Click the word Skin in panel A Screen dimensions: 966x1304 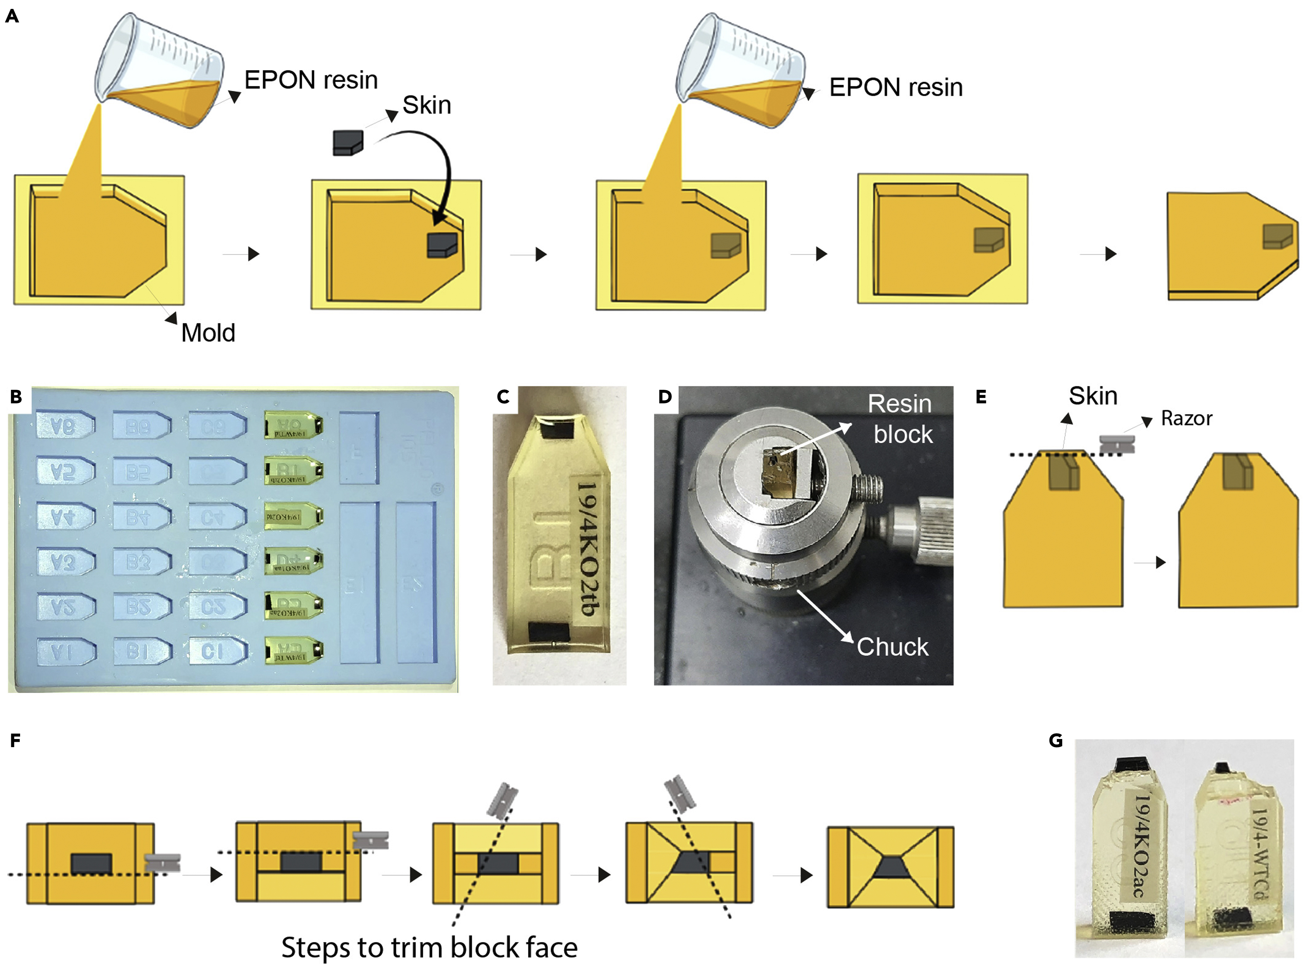pyautogui.click(x=426, y=105)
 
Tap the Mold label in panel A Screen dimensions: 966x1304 pyautogui.click(x=208, y=333)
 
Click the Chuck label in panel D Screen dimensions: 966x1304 pyautogui.click(x=892, y=647)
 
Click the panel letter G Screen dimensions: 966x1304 pyautogui.click(x=1056, y=741)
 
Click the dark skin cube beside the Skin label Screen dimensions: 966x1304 pyautogui.click(x=348, y=143)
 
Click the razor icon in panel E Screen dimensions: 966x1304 pyautogui.click(x=1116, y=444)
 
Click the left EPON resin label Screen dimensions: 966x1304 pyautogui.click(x=311, y=80)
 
